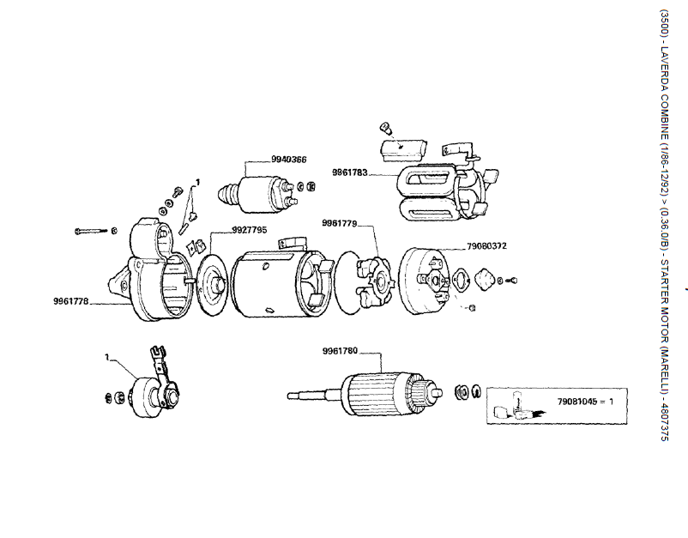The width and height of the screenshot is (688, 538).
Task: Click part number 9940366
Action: pyautogui.click(x=289, y=159)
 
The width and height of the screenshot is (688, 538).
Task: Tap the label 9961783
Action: pyautogui.click(x=350, y=172)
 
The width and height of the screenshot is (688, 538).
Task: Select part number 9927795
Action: pyautogui.click(x=250, y=230)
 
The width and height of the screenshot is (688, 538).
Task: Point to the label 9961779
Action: pyautogui.click(x=340, y=223)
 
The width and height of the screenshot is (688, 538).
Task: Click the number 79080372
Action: pyautogui.click(x=486, y=246)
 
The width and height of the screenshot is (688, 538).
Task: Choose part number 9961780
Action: pyautogui.click(x=340, y=351)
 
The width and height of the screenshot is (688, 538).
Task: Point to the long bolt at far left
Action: pyautogui.click(x=94, y=231)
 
